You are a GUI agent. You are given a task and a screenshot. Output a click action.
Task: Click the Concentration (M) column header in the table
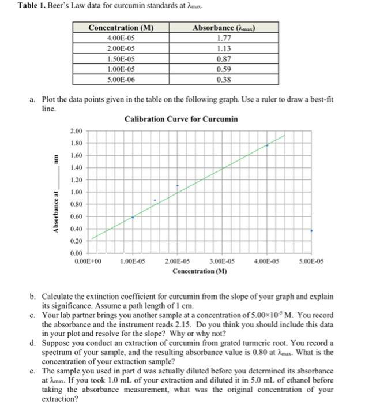pos(121,28)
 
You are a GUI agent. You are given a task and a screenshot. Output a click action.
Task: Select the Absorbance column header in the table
pos(232,28)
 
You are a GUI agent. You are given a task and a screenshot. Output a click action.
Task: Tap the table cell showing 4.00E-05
pos(121,36)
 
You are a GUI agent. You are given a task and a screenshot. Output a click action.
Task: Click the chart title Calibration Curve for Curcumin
pos(180,119)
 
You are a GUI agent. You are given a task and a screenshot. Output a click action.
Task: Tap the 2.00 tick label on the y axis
pos(76,130)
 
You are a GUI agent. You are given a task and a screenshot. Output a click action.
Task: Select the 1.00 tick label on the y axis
pos(76,192)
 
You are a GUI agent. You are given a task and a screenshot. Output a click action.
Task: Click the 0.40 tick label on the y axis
pos(76,229)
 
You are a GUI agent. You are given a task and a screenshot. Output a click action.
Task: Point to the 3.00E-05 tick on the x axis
pos(222,261)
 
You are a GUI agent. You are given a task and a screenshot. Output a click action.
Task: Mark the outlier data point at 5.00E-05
pos(312,230)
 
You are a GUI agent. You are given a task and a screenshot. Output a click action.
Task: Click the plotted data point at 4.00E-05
pos(267,145)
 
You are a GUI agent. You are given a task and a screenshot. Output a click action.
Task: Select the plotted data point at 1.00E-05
pos(133,218)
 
